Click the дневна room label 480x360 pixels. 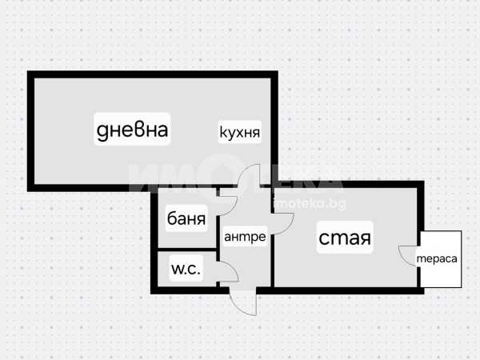coord(132,130)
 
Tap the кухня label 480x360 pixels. coord(240,132)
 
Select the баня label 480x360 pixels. coord(186,218)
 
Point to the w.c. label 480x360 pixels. coord(186,269)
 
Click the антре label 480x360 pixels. coord(245,237)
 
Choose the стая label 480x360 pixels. coord(345,238)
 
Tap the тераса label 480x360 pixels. coord(437,258)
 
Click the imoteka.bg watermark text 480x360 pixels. coord(309,203)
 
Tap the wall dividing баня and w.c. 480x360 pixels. coord(187,250)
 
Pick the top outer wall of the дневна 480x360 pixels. coord(153,74)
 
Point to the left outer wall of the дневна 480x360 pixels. coord(31,131)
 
